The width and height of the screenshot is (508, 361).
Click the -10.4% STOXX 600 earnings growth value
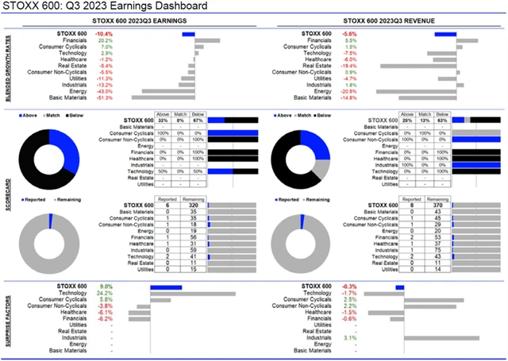pyautogui.click(x=103, y=34)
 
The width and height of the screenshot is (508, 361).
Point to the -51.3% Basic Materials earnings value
pyautogui.click(x=104, y=98)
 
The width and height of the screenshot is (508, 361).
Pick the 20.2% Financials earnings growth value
pyautogui.click(x=105, y=40)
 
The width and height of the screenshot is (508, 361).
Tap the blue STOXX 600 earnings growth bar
pyautogui.click(x=188, y=34)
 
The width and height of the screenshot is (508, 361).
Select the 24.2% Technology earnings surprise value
pyautogui.click(x=105, y=293)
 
